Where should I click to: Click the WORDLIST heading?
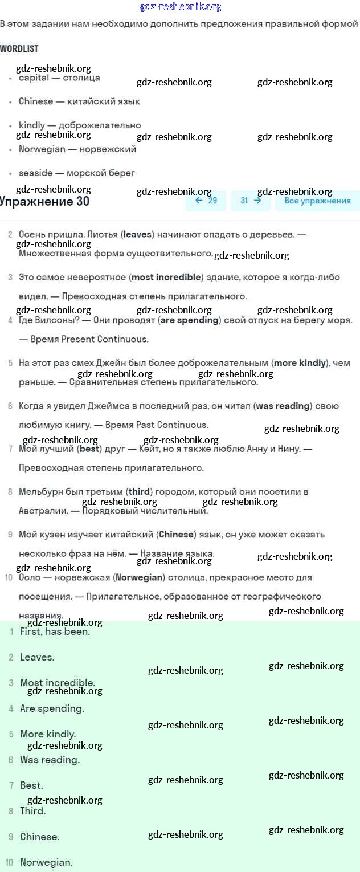(x=19, y=49)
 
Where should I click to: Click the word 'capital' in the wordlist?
(x=34, y=78)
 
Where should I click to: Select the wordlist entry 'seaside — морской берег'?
(x=76, y=173)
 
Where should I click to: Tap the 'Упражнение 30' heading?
(x=44, y=201)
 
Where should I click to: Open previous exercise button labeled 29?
(x=206, y=201)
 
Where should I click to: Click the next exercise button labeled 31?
(x=251, y=201)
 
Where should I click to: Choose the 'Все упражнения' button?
(x=317, y=201)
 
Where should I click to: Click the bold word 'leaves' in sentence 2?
(x=137, y=234)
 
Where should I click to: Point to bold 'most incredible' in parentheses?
(x=166, y=278)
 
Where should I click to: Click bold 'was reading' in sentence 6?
(x=283, y=406)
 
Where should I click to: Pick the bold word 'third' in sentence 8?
(x=139, y=491)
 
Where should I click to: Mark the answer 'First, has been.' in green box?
(x=55, y=631)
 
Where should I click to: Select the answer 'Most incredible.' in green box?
(x=58, y=683)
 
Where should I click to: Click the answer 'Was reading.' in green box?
(x=50, y=760)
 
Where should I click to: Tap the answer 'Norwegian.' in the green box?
(x=46, y=862)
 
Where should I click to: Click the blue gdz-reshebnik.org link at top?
(x=180, y=7)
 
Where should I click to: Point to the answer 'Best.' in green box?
(x=31, y=785)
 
